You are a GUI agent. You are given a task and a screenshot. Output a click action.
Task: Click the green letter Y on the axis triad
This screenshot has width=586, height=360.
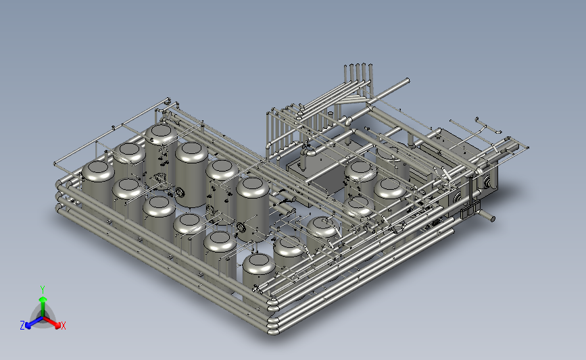point(42,290)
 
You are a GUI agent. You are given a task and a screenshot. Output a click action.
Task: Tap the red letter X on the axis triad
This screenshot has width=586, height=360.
point(63,326)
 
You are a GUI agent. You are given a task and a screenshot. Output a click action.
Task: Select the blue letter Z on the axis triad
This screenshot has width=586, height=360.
point(22,326)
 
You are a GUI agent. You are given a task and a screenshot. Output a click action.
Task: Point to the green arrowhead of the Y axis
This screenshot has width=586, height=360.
point(43,299)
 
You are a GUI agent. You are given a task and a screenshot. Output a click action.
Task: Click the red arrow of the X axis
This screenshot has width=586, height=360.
point(52,323)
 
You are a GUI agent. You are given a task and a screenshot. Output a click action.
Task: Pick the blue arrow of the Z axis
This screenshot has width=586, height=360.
point(34,323)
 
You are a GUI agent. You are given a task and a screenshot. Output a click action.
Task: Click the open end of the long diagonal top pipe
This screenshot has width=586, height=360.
point(408,80)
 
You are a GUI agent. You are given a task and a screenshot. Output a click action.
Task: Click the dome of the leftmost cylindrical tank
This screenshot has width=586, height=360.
point(98,171)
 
